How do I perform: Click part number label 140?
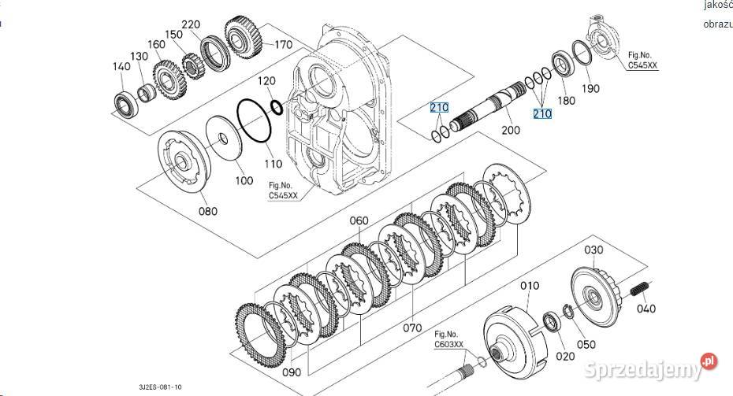pos(121,68)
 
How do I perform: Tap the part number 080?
pos(207,211)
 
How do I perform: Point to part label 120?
pos(266,81)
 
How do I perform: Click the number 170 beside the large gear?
pos(283,45)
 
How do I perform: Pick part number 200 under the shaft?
pos(511,130)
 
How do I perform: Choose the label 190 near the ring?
pos(590,89)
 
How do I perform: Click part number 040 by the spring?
pos(646,309)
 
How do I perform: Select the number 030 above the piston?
pos(593,250)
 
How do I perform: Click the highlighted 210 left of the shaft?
pos(438,106)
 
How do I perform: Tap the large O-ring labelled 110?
pos(254,122)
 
